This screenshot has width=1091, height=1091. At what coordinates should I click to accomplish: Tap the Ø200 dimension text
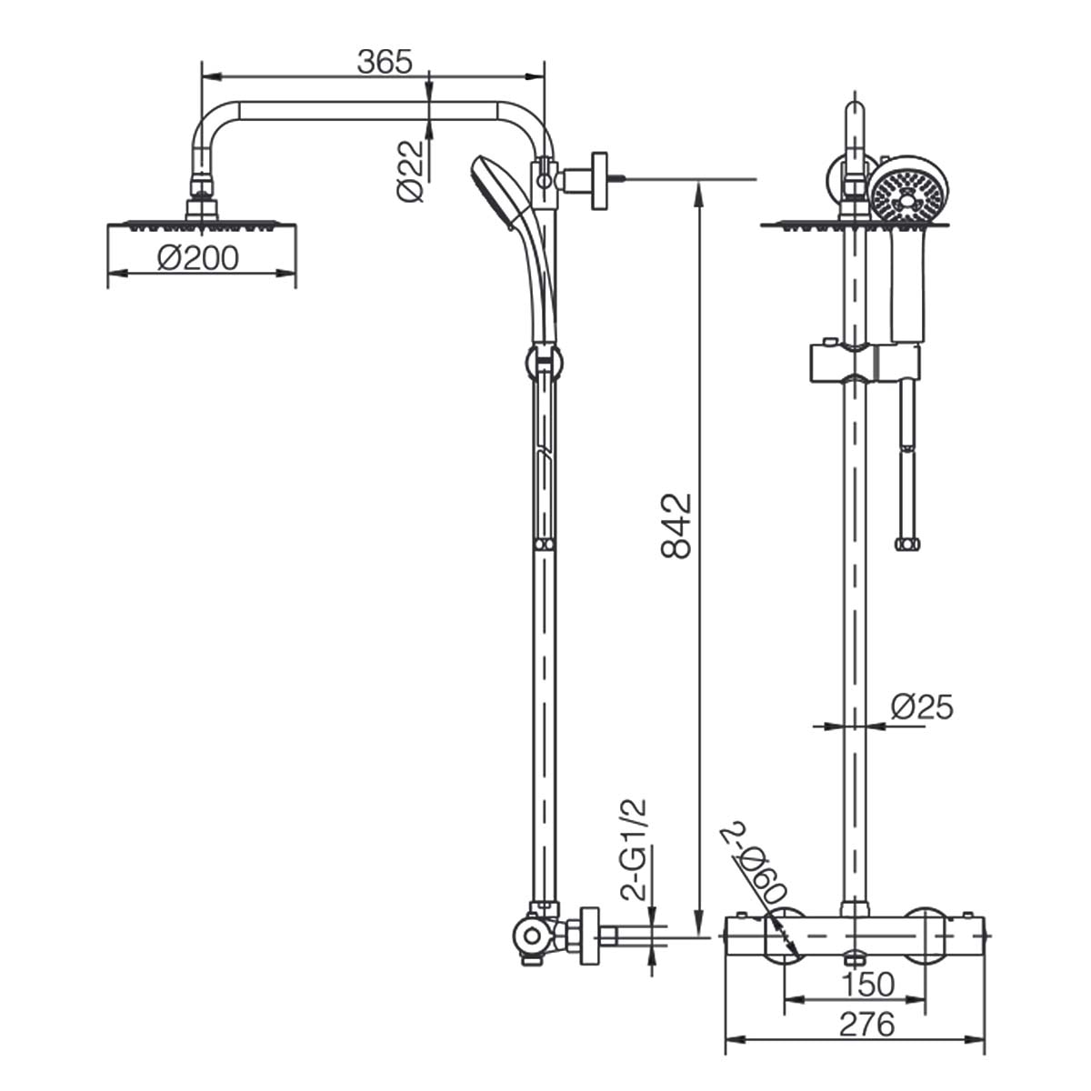click(x=197, y=258)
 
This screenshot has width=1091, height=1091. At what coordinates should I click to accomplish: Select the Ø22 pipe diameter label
click(x=410, y=171)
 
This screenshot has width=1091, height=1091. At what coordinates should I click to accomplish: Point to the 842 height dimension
click(x=676, y=526)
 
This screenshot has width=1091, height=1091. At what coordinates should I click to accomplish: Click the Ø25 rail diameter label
click(x=922, y=706)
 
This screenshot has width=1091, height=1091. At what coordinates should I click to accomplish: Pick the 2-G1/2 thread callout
click(x=634, y=850)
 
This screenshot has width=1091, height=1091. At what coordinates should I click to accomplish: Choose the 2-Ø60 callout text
click(x=754, y=871)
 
